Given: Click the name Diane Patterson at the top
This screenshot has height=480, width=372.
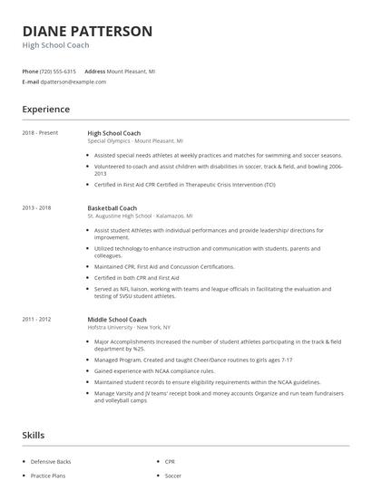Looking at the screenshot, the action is coord(87,31).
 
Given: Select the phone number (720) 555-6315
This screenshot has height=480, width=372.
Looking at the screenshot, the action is coord(59,71).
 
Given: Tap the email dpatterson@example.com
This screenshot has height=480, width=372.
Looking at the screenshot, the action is coord(73,82).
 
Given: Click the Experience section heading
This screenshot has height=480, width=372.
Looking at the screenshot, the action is coord(46,110).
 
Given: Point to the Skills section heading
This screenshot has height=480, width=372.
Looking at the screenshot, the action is coord(34,437).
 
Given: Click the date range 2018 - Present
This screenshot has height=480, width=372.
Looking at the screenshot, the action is coord(41,133).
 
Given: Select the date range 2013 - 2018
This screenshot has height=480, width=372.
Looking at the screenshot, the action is coord(37,207).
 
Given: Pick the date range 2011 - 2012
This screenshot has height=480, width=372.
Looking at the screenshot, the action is coord(37,320).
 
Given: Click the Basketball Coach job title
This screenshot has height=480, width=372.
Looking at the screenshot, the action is coord(113,207).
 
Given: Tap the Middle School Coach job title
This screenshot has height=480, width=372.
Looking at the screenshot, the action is coord(117,320).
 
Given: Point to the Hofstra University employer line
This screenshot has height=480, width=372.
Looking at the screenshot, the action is coord(129,327).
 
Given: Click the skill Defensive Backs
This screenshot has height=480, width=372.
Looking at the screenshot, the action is coord(51,461).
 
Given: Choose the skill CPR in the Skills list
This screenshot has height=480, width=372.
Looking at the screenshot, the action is coord(171,461).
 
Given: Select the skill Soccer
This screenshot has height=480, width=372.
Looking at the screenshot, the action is coord(173,475).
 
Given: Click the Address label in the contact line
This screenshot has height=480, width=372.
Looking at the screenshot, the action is coord(94,71).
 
